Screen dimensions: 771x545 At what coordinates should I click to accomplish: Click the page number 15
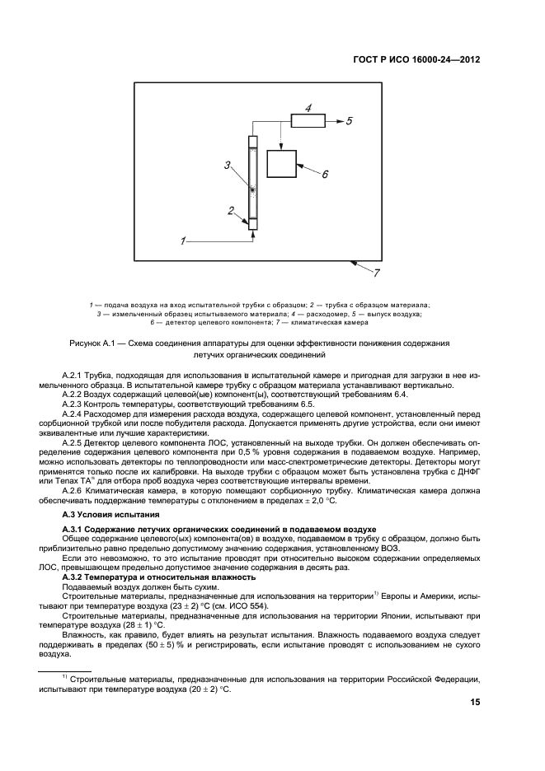(475, 703)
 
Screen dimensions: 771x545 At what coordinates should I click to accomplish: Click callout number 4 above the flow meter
(308, 108)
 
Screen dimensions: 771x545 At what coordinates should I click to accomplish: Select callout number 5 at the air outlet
(349, 120)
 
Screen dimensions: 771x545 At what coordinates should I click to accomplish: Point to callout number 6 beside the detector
(324, 174)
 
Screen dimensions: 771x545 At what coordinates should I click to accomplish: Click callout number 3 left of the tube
(227, 166)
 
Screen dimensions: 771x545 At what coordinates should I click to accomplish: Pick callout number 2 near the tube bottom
(232, 210)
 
